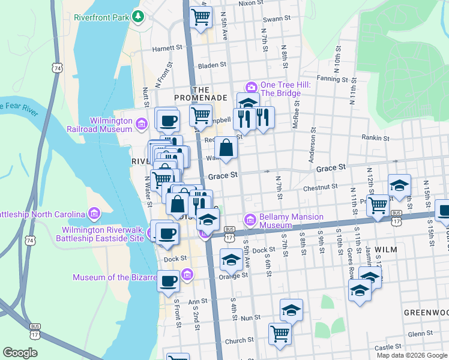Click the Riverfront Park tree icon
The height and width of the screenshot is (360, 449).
[139, 17]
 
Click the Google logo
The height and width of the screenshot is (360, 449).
[20, 353]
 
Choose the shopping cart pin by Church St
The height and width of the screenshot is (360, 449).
[279, 334]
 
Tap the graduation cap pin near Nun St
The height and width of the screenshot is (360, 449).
[291, 310]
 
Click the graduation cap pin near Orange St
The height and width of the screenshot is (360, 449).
[231, 260]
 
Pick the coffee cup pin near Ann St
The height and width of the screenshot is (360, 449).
[168, 281]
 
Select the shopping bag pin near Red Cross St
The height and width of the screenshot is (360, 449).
[225, 148]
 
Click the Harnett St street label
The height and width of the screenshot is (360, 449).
[167, 48]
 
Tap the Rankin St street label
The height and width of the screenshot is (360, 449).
[376, 137]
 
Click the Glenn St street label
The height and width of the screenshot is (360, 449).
[420, 334]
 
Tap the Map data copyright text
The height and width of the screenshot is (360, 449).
[411, 355]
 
